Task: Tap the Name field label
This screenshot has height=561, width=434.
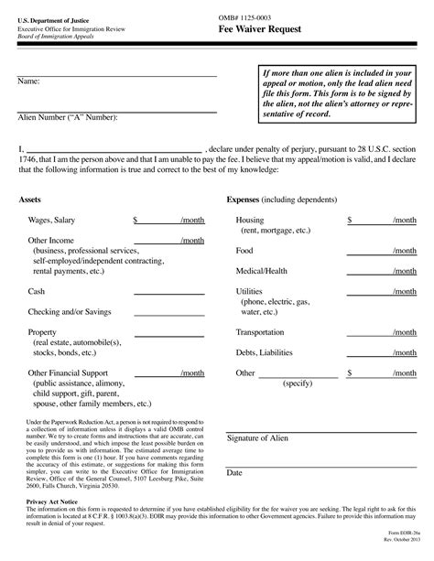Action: pyautogui.click(x=28, y=82)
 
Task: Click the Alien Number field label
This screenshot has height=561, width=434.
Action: pyautogui.click(x=68, y=117)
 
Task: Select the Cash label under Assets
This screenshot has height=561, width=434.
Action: pyautogui.click(x=38, y=291)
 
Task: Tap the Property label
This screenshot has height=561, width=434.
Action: pyautogui.click(x=44, y=332)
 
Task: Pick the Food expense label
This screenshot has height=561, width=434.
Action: pyautogui.click(x=244, y=250)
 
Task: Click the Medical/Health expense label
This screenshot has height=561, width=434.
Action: pyautogui.click(x=261, y=271)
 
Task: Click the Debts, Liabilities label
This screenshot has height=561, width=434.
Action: pyautogui.click(x=265, y=353)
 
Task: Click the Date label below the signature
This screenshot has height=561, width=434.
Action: pyautogui.click(x=234, y=472)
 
